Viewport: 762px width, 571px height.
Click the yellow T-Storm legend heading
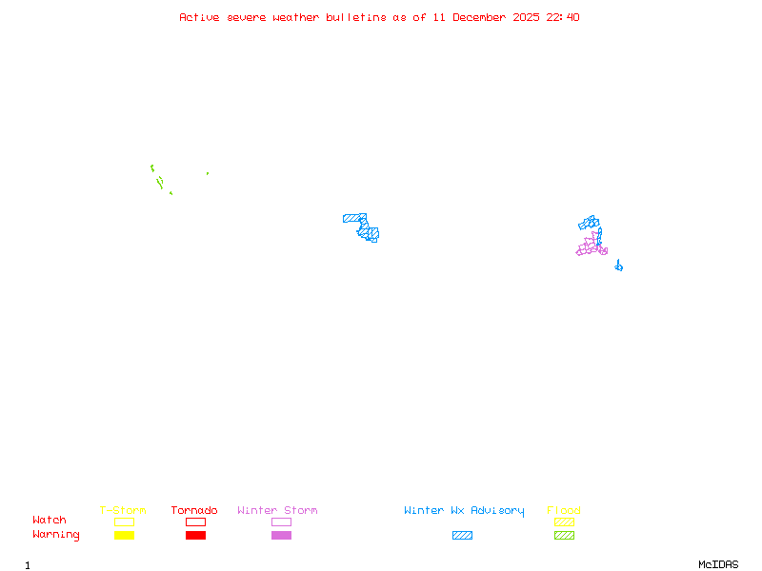tap(123, 511)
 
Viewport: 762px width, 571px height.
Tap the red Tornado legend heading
tap(194, 511)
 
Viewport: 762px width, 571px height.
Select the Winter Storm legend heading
tap(277, 511)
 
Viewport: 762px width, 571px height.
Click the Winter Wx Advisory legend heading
tap(464, 511)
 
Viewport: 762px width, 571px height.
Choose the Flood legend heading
tap(564, 511)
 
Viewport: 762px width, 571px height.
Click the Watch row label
tap(50, 521)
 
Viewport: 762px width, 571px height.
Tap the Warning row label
tap(56, 535)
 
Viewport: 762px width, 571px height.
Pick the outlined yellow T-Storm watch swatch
tap(124, 522)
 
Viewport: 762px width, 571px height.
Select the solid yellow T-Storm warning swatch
tap(124, 536)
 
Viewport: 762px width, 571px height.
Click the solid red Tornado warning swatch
tap(195, 536)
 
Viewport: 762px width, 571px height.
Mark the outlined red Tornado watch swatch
tap(195, 522)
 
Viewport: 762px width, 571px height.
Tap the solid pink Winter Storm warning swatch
tap(281, 536)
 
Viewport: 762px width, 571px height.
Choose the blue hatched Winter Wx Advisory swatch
tap(462, 536)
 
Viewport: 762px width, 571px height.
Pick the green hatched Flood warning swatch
tap(564, 536)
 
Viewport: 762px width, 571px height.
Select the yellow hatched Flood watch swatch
tap(564, 522)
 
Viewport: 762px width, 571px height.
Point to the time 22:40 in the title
tap(562, 17)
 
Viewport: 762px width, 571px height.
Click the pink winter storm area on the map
tap(591, 246)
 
